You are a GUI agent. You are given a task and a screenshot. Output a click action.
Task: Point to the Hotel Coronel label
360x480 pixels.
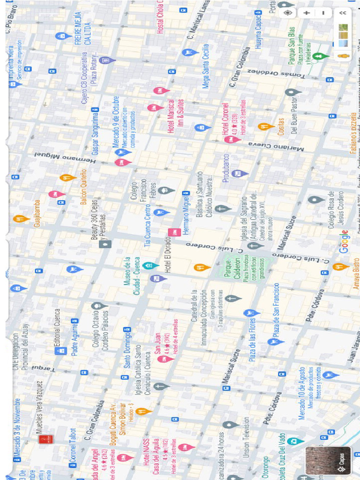click(x=225, y=119)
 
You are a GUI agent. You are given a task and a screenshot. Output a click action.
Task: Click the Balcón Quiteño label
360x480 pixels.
click(x=84, y=187)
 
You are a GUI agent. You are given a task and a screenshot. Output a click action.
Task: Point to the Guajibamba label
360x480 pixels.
click(x=37, y=214)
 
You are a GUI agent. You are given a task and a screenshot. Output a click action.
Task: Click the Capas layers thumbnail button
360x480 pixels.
click(x=328, y=460)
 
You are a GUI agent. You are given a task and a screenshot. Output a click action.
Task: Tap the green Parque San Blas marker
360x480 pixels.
click(x=319, y=57)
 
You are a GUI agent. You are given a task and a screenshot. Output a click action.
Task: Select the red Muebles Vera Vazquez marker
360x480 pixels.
click(x=45, y=439)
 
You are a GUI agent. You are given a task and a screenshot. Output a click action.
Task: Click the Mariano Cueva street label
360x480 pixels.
click(x=276, y=146)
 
